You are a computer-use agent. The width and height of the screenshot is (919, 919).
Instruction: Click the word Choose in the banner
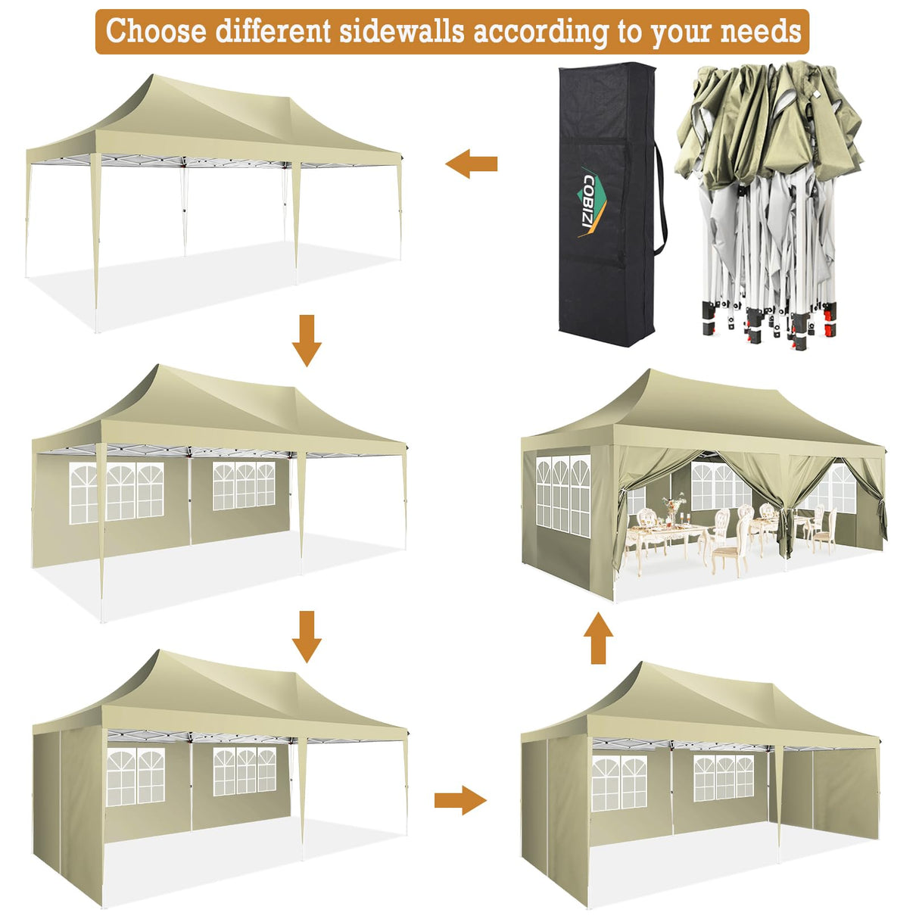[156, 32]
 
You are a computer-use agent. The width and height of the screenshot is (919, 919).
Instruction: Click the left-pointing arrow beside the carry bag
[471, 164]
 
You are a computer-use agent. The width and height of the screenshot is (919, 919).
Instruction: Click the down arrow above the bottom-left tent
[307, 637]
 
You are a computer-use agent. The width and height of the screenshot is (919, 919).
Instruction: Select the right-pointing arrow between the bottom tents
[459, 800]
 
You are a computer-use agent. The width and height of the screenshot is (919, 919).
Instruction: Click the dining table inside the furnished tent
[666, 539]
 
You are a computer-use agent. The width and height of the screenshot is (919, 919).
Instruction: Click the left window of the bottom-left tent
[136, 776]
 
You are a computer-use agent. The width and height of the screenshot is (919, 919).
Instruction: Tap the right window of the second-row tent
[243, 485]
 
